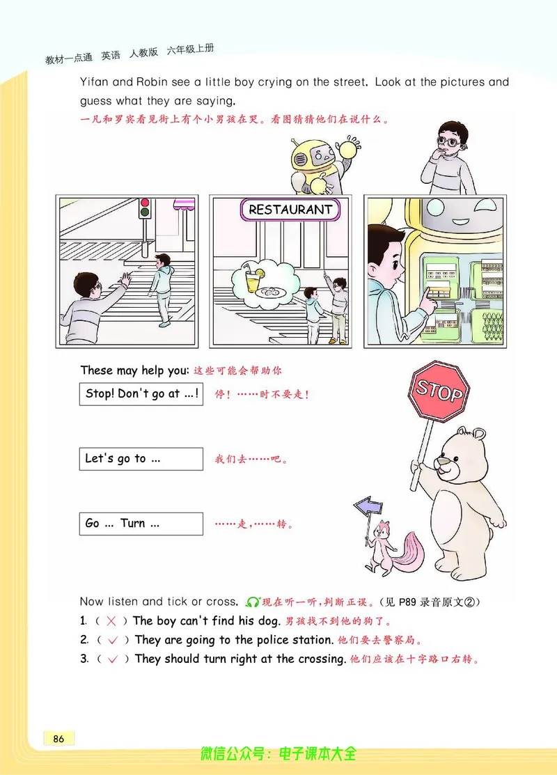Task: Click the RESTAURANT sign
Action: pyautogui.click(x=290, y=210)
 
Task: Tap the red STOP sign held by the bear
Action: pyautogui.click(x=439, y=391)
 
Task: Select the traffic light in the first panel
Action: pyautogui.click(x=145, y=208)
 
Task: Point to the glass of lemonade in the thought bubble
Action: pyautogui.click(x=253, y=279)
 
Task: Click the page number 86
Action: pyautogui.click(x=58, y=739)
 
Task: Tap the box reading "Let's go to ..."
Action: pyautogui.click(x=141, y=459)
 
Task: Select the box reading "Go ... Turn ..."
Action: pyautogui.click(x=141, y=524)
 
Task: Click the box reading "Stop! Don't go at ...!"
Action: pyautogui.click(x=141, y=394)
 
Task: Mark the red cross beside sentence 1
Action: pyautogui.click(x=111, y=621)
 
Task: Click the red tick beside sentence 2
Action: pyautogui.click(x=113, y=641)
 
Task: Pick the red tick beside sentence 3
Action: pyautogui.click(x=113, y=659)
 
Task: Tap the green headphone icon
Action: pyautogui.click(x=253, y=602)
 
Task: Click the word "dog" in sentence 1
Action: pyautogui.click(x=269, y=621)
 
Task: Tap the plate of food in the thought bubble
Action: pyautogui.click(x=272, y=292)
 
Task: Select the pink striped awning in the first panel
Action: pyautogui.click(x=184, y=203)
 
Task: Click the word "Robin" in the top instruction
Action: pyautogui.click(x=152, y=82)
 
